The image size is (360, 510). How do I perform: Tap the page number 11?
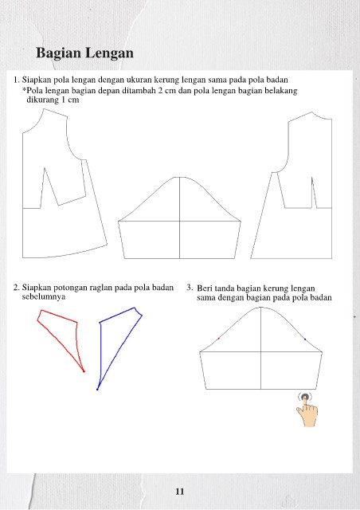point(180,491)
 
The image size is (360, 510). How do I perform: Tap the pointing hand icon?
point(307,410)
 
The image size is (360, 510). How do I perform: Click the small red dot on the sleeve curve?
point(218,339)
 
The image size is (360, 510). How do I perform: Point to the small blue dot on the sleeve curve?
point(305,339)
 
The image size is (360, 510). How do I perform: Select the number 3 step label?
point(190,288)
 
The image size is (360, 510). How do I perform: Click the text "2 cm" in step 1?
point(166,90)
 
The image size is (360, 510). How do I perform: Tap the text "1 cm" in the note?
point(71,100)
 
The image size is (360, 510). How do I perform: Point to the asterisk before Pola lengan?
point(24,89)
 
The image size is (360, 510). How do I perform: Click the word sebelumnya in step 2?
point(44,297)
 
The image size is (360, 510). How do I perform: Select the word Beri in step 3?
point(205,288)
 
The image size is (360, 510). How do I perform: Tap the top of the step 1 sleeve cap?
point(179,177)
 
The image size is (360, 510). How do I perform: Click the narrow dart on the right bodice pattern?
point(313,193)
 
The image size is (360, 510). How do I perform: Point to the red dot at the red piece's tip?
point(84,371)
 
